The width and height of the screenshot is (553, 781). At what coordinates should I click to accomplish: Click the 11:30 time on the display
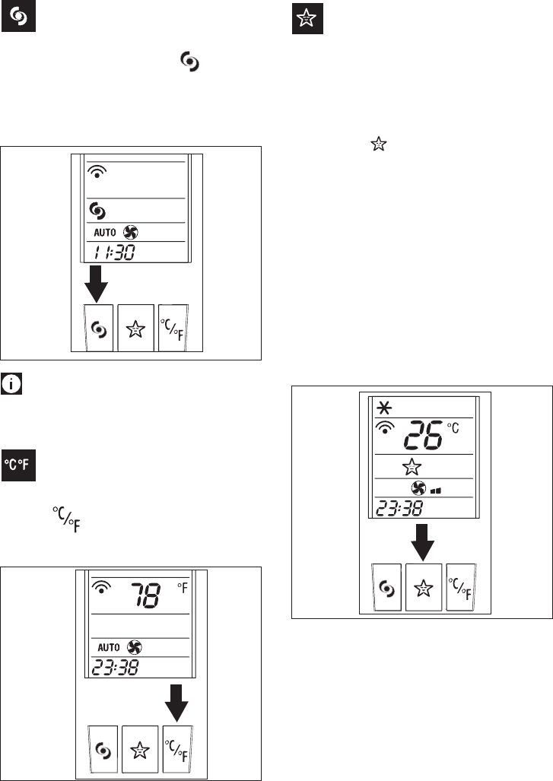point(112,252)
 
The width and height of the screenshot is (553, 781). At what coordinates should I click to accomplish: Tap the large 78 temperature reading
point(144,595)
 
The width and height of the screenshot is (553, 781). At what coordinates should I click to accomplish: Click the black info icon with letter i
point(12,385)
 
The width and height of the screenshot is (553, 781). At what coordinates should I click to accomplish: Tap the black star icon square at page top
point(308,21)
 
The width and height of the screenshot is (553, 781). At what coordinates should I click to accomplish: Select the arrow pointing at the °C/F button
point(179,702)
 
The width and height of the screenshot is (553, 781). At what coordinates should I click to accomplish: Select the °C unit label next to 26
point(454,427)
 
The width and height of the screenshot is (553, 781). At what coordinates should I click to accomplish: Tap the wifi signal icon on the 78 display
point(100,587)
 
